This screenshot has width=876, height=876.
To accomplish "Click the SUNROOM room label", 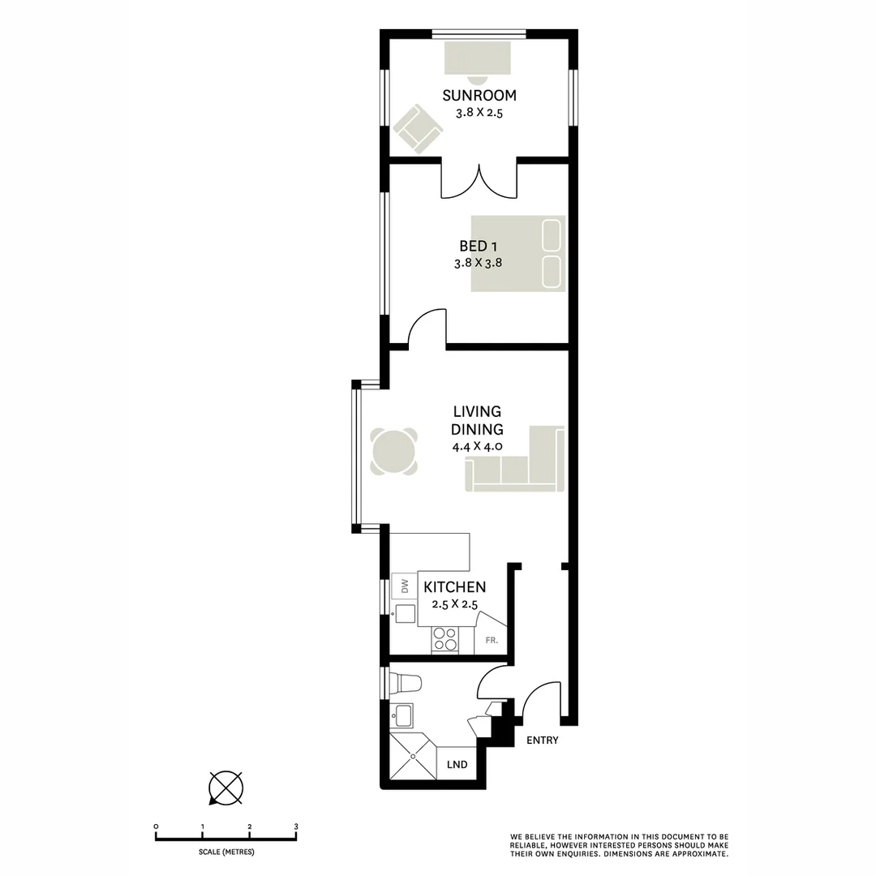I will click(479, 96).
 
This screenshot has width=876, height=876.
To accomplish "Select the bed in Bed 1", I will click(517, 252).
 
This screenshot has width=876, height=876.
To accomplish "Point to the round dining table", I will click(395, 451).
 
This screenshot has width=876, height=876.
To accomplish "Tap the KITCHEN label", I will click(455, 587).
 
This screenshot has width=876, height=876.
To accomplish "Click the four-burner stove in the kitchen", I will click(444, 639).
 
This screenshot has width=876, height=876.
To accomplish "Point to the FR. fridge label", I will click(491, 641).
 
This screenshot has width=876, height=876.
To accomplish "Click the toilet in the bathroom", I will click(406, 681).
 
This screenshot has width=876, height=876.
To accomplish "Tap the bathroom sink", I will click(403, 715).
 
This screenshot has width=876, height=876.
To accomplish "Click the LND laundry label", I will click(457, 764).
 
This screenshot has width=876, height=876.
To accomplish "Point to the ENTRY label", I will click(543, 741).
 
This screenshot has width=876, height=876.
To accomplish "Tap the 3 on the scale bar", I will click(296, 827).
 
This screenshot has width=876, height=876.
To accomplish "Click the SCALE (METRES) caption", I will click(226, 852).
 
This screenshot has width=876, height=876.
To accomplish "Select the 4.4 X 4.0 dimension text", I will click(478, 446).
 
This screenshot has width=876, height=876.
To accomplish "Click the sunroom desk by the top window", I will click(478, 57).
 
